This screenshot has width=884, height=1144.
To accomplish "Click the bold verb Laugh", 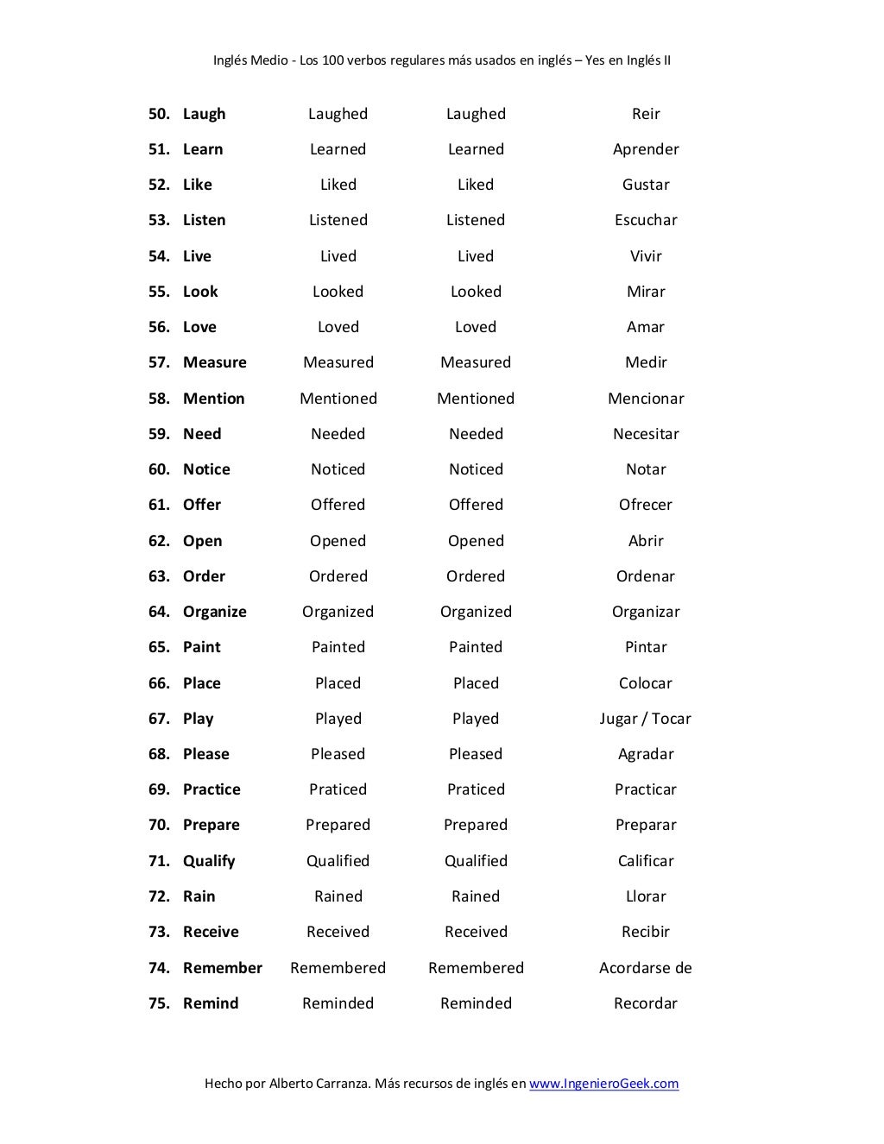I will (x=204, y=114).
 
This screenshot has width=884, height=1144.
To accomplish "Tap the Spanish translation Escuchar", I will (x=646, y=220).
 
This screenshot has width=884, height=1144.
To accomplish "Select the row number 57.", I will (x=159, y=362).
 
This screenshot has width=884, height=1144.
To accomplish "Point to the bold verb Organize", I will (x=214, y=612).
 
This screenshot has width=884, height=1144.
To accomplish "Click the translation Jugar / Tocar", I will (x=646, y=719).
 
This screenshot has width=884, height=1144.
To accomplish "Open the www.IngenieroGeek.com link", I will (x=603, y=1084).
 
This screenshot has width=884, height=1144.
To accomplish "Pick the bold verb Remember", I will (x=222, y=968).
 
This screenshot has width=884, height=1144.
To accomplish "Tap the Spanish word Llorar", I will (x=646, y=896).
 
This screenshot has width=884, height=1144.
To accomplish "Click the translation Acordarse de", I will (x=646, y=968).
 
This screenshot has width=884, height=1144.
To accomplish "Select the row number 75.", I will (x=159, y=1003).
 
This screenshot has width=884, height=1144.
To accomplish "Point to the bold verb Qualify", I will (x=209, y=861).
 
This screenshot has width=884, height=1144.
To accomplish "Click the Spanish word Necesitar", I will (x=646, y=434).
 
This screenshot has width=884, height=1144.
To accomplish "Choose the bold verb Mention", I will (x=213, y=399).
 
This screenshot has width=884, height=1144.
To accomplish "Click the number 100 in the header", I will (x=333, y=60).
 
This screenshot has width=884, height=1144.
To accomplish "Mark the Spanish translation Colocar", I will (x=646, y=683).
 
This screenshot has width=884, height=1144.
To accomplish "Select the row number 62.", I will (x=159, y=541).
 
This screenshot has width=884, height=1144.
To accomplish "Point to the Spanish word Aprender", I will (x=646, y=149).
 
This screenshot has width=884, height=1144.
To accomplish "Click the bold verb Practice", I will (x=212, y=789).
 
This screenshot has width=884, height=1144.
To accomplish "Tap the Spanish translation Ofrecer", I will (x=646, y=505).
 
